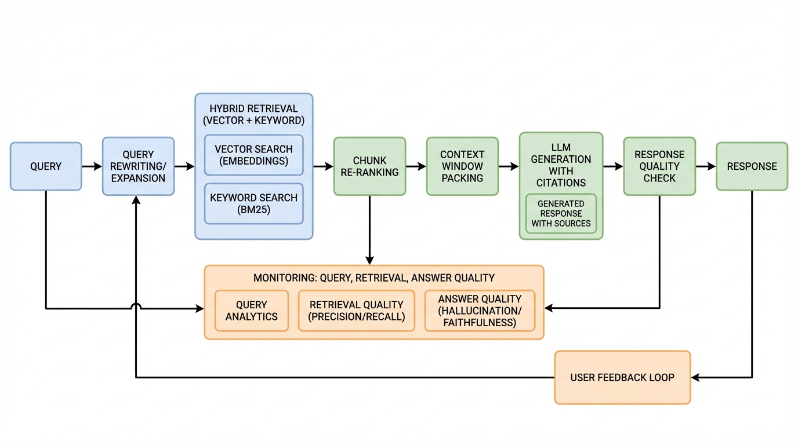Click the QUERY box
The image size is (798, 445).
tap(46, 166)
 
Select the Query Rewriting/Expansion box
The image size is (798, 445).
tap(138, 166)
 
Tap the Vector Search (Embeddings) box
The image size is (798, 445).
tap(253, 155)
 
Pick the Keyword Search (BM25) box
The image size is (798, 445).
tap(253, 203)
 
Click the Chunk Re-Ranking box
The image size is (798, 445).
tap(369, 166)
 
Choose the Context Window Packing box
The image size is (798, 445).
tap(462, 166)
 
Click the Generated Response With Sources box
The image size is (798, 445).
tap(561, 214)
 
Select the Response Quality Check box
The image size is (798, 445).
tap(659, 166)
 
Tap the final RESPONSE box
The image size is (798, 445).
tap(752, 166)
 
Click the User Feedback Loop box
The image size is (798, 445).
tap(622, 377)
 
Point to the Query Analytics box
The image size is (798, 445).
tap(252, 311)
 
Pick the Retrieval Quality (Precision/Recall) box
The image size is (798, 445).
tap(357, 311)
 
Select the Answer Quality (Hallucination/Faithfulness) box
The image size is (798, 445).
tap(480, 311)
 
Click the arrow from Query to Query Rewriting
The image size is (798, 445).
tap(92, 166)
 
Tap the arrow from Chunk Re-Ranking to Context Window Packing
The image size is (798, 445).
tap(416, 166)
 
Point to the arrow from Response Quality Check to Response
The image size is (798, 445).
tap(705, 166)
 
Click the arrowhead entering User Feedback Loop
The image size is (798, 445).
tap(695, 377)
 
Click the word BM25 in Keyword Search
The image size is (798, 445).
tap(253, 210)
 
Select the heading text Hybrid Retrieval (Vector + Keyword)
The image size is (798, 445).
tap(253, 115)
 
